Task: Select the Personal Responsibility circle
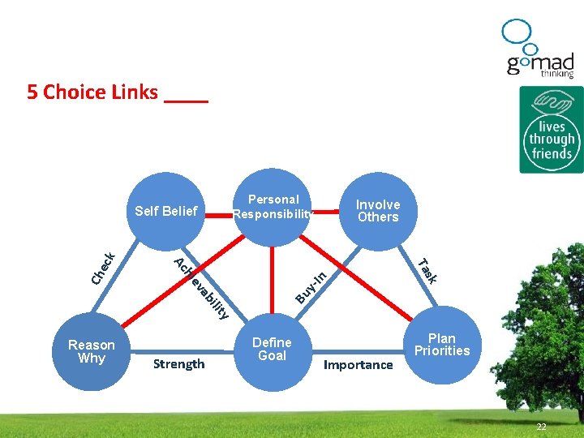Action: click(273, 207)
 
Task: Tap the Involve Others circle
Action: click(378, 211)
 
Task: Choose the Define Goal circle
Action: click(272, 349)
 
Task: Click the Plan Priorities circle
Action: click(442, 345)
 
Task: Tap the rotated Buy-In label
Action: click(311, 287)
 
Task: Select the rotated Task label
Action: click(427, 270)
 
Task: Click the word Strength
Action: click(178, 363)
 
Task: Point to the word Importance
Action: click(358, 365)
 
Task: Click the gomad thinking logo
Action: click(539, 50)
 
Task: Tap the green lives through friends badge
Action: click(552, 130)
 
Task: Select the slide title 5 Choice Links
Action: click(92, 92)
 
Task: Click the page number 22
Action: click(541, 427)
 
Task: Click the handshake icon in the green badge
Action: click(552, 104)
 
